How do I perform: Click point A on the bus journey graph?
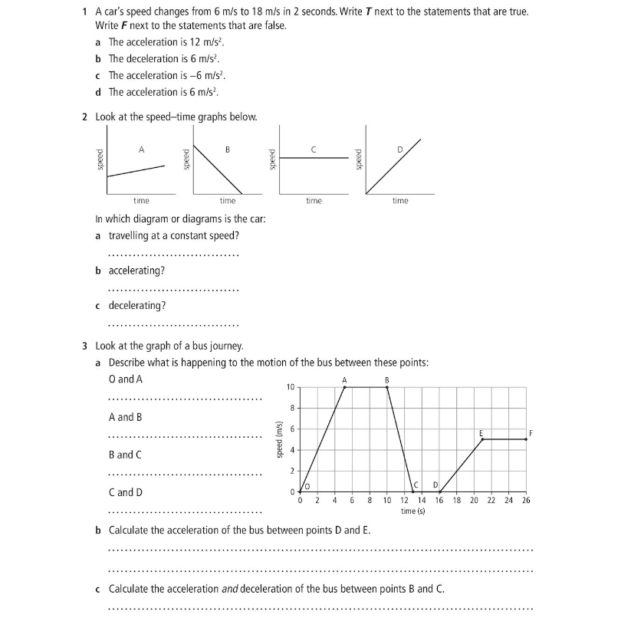click(x=344, y=387)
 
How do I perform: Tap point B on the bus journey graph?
click(x=387, y=387)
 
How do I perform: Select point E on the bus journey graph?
click(x=482, y=439)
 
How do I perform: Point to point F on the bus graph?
click(x=526, y=439)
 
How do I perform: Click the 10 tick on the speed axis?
click(x=289, y=387)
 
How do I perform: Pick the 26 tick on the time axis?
click(x=526, y=501)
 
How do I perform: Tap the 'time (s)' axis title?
click(x=412, y=511)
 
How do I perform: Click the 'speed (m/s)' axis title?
click(x=280, y=439)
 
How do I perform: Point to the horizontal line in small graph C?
click(x=314, y=158)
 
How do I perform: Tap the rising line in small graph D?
click(x=393, y=166)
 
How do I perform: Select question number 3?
click(x=84, y=346)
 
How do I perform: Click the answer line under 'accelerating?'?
click(x=173, y=290)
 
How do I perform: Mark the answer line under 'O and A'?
click(x=185, y=399)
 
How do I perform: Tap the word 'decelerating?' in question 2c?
click(x=137, y=305)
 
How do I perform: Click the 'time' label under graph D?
click(x=400, y=201)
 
